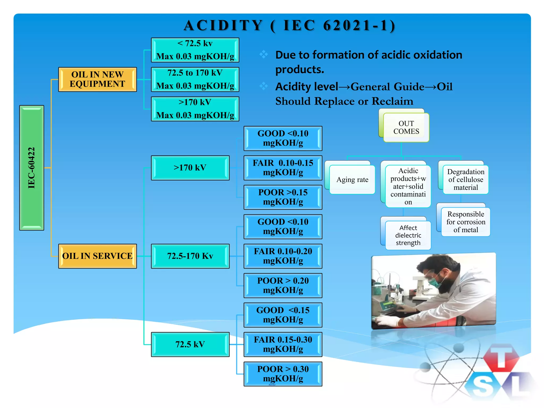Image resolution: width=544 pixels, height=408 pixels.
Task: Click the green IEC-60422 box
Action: [32, 168]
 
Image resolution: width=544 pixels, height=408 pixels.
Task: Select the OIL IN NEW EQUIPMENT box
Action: [97, 79]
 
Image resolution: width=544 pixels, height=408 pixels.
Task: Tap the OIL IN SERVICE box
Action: [97, 256]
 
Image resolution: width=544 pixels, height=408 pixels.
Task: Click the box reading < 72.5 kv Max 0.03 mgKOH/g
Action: [195, 50]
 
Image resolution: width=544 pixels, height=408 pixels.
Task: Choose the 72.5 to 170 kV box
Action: [195, 79]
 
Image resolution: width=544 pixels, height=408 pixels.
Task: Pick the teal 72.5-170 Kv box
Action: [190, 256]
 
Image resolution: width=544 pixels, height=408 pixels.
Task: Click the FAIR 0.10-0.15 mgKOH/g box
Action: [283, 168]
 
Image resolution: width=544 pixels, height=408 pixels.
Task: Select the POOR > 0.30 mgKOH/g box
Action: [283, 374]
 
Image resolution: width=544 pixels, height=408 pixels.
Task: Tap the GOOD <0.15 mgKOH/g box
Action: [283, 315]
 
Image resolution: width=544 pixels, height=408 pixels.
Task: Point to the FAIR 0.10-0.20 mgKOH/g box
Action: [283, 256]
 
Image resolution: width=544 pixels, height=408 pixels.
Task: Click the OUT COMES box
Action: [406, 127]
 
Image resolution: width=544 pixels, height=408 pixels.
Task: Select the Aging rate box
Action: [352, 180]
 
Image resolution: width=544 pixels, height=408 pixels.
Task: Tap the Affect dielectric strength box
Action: [408, 235]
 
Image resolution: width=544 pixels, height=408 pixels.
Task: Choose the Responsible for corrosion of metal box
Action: [466, 222]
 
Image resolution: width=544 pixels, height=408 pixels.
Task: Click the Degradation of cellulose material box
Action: [466, 180]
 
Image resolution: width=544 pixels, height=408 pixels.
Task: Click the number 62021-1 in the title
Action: [359, 26]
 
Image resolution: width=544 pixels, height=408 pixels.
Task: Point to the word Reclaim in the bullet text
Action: [392, 101]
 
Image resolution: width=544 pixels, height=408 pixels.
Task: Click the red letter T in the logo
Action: [501, 357]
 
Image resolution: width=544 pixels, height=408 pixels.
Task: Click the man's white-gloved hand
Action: [386, 321]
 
